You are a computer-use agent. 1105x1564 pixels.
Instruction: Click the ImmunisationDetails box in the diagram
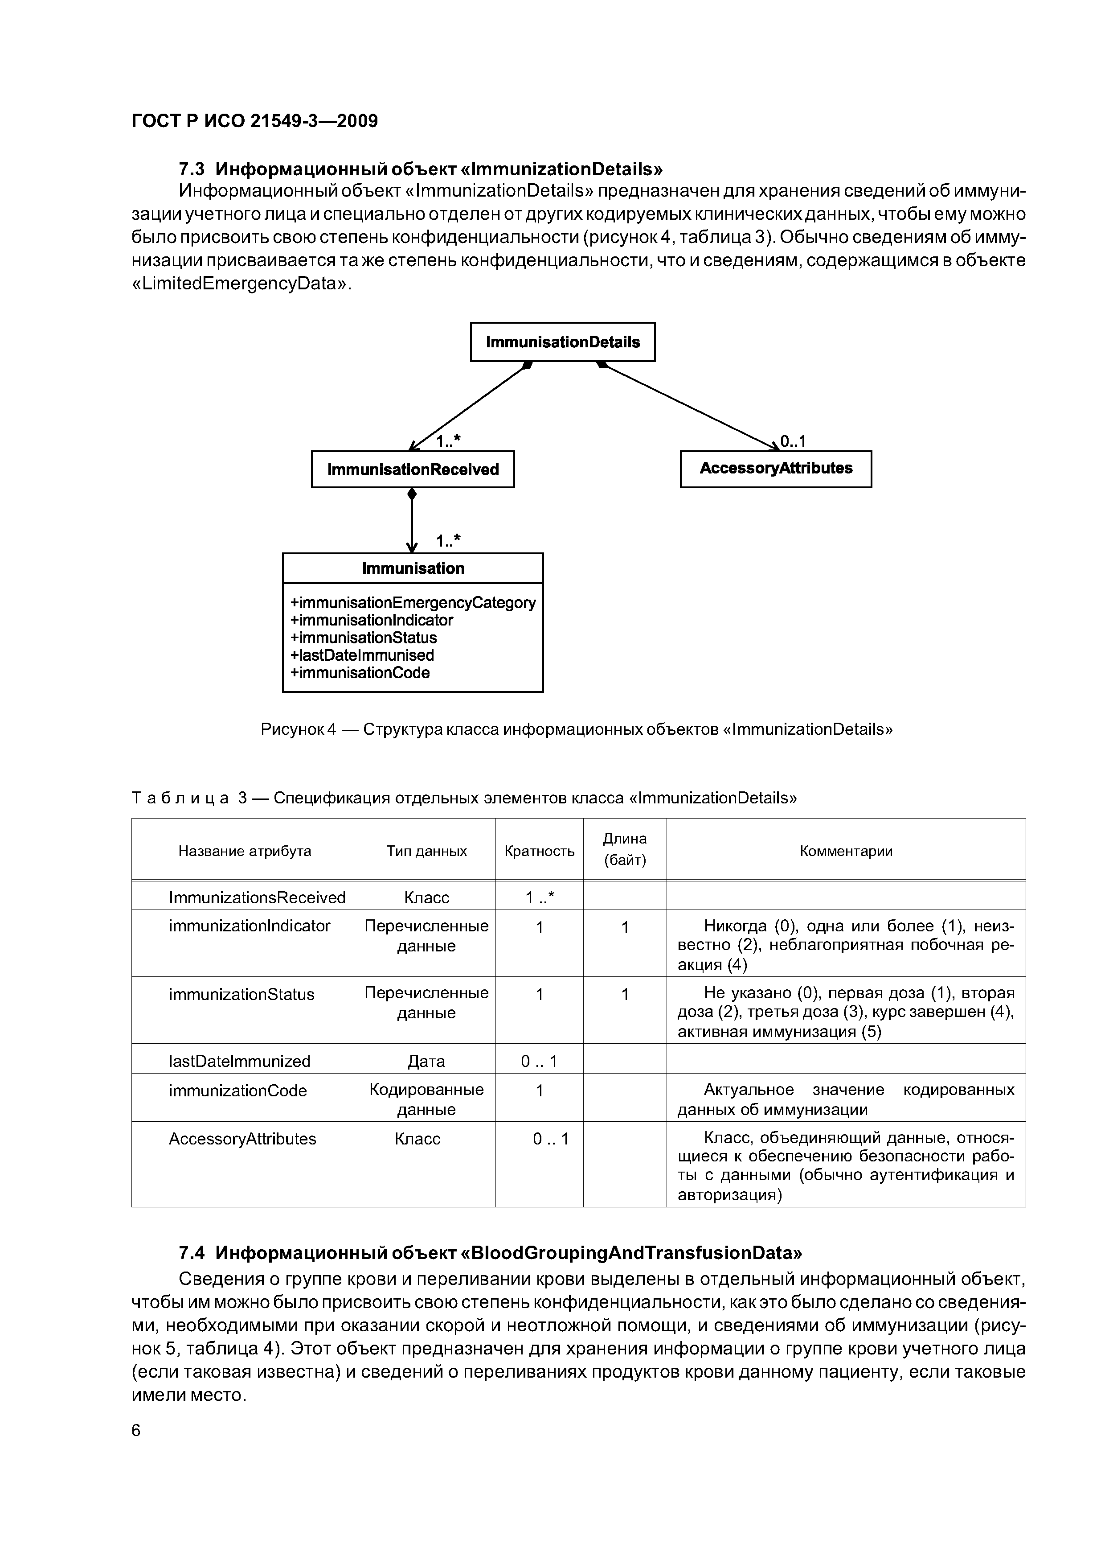pos(562,342)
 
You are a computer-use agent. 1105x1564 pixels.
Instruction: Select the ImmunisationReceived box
pos(413,469)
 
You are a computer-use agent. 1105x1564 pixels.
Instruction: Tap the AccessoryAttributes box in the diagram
pos(775,469)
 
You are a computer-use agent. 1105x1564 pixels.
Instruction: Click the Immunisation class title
pos(413,568)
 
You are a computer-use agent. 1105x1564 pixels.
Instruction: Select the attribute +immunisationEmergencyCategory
pos(413,603)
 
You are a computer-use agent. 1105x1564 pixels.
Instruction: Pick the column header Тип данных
pos(426,851)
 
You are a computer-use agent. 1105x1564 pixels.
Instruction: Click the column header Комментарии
pos(846,851)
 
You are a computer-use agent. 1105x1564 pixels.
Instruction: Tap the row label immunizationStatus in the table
pos(241,995)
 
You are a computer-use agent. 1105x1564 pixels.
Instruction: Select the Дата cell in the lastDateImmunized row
pos(426,1061)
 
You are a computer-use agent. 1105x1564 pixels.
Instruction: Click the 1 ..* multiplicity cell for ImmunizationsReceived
pos(539,898)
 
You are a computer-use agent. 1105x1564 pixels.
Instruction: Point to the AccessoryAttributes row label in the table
pos(242,1139)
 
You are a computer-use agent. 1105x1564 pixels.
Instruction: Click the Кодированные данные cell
pos(426,1099)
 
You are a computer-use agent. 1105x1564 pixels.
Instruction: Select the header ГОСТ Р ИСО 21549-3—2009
pos(254,121)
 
